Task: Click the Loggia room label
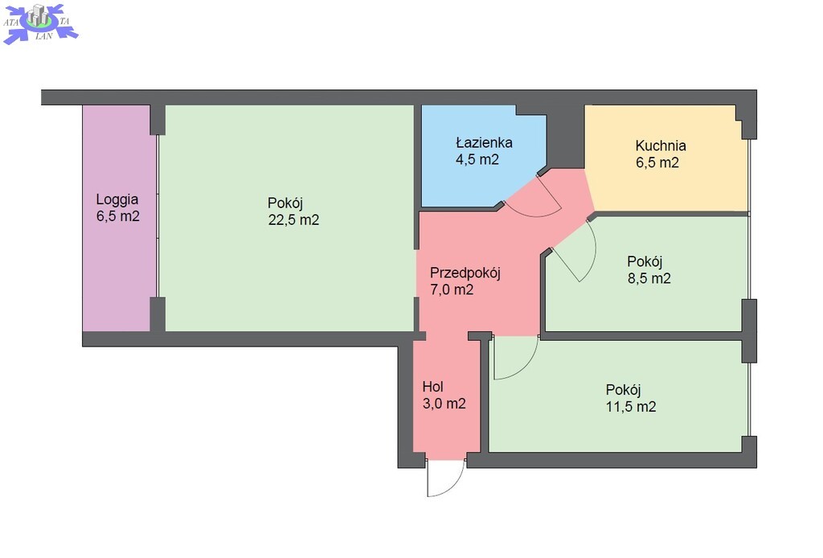117,199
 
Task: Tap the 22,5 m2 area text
293,220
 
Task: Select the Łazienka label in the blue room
484,142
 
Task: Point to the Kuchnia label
661,146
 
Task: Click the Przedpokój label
465,273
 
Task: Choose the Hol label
433,387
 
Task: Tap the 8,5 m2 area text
649,278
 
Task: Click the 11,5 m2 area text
631,407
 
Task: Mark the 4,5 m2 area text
477,159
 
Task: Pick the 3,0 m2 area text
444,404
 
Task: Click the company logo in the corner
40,23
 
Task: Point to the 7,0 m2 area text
452,289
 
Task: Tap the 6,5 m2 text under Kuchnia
657,162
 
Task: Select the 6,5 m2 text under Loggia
117,216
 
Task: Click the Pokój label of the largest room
285,203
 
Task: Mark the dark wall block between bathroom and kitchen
566,135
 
